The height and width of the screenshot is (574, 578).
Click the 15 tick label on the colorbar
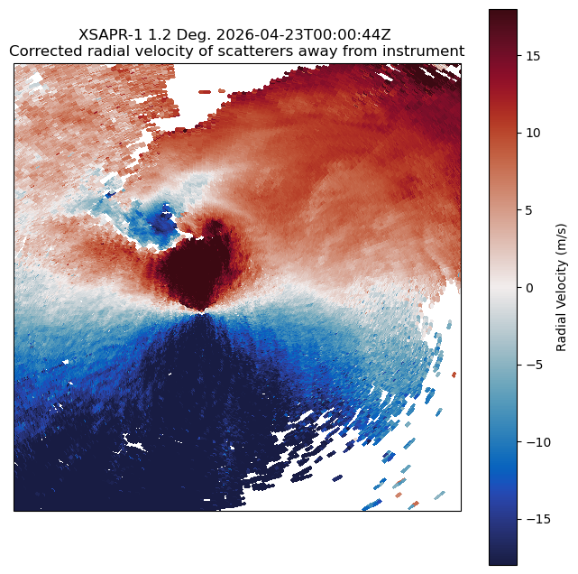click(533, 56)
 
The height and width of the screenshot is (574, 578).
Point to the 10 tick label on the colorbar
click(533, 134)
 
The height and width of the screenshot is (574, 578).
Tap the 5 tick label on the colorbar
click(529, 210)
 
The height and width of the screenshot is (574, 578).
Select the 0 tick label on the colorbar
click(529, 288)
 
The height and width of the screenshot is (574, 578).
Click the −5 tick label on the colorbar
click(535, 365)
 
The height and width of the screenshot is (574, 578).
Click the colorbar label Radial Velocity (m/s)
click(561, 287)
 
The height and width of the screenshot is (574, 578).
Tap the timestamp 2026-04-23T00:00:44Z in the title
click(303, 35)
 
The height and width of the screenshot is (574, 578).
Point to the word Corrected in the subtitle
click(40, 51)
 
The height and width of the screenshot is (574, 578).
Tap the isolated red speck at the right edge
click(454, 375)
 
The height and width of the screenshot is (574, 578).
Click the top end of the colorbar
click(503, 10)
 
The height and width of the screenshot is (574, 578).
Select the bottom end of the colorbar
click(503, 564)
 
